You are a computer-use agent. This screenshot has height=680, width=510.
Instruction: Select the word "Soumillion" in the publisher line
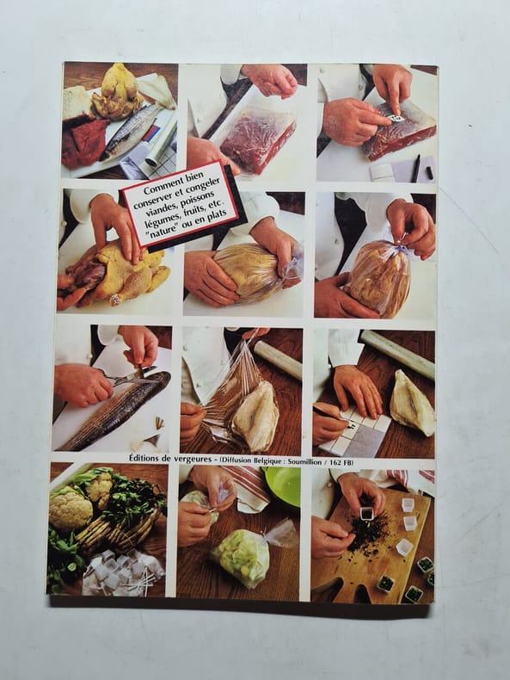click(304, 462)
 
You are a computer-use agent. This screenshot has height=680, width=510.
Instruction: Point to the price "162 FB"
click(341, 463)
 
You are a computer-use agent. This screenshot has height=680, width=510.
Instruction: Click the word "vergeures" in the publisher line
click(193, 460)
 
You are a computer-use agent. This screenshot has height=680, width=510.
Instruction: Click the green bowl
click(281, 485)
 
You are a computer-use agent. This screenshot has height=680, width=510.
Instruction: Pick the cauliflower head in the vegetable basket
click(71, 508)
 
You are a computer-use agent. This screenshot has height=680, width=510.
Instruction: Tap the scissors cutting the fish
click(130, 375)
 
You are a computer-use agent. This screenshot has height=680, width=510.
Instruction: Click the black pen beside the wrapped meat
click(416, 168)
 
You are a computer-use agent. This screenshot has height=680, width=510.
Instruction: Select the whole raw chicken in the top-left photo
click(117, 93)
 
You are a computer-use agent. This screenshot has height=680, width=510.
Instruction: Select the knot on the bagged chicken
click(401, 242)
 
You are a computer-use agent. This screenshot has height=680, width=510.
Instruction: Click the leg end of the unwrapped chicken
click(115, 300)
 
